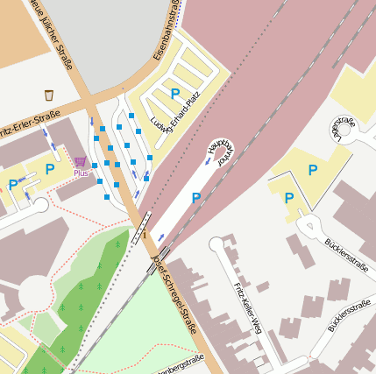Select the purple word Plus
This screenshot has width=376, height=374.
[x=81, y=173]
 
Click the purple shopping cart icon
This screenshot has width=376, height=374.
[x=81, y=162]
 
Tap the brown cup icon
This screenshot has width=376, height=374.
[x=49, y=95]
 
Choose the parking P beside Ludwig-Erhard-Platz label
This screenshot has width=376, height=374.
[x=174, y=93]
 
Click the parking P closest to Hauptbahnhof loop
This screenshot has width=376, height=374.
[x=195, y=199]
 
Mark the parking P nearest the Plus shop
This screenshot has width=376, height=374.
[x=50, y=168]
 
